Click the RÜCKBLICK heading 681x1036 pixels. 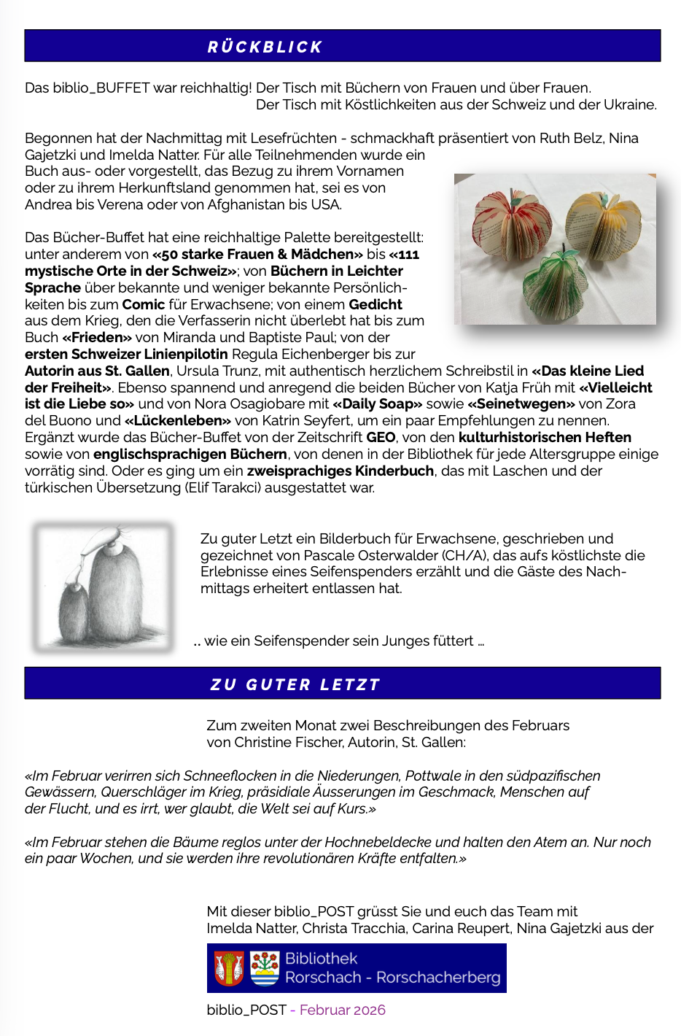pyautogui.click(x=265, y=47)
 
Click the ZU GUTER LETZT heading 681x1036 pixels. pyautogui.click(x=295, y=685)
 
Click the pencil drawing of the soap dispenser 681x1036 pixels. pyautogui.click(x=104, y=586)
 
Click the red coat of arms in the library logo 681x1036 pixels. pyautogui.click(x=229, y=968)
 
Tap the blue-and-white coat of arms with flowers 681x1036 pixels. pyautogui.click(x=265, y=968)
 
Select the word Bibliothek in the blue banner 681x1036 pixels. pyautogui.click(x=321, y=959)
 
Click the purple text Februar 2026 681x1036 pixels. pyautogui.click(x=342, y=1010)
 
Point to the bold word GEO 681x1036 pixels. pyautogui.click(x=381, y=438)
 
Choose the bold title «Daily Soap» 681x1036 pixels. pyautogui.click(x=378, y=404)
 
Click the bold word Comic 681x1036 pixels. pyautogui.click(x=144, y=304)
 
